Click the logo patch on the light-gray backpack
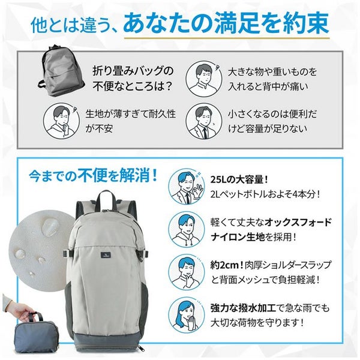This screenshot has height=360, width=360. pyautogui.click(x=106, y=255)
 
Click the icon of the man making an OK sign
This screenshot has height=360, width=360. pyautogui.click(x=187, y=187)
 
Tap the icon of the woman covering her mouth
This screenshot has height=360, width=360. pyautogui.click(x=187, y=315)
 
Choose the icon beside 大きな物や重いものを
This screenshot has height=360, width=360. pyautogui.click(x=204, y=79)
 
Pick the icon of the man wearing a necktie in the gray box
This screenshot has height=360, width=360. pyautogui.click(x=204, y=121)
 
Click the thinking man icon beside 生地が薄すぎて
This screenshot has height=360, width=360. pyautogui.click(x=62, y=121)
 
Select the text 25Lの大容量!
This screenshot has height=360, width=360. pyautogui.click(x=239, y=179)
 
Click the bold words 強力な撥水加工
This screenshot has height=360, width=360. pyautogui.click(x=243, y=308)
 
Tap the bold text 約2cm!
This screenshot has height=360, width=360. pyautogui.click(x=227, y=265)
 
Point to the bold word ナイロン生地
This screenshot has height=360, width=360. pyautogui.click(x=238, y=237)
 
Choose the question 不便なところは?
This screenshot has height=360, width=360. pyautogui.click(x=133, y=86)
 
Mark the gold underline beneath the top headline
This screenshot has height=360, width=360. pyautogui.click(x=227, y=38)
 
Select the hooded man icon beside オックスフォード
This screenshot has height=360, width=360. pyautogui.click(x=187, y=229)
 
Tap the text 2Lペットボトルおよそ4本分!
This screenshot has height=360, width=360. pyautogui.click(x=265, y=194)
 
